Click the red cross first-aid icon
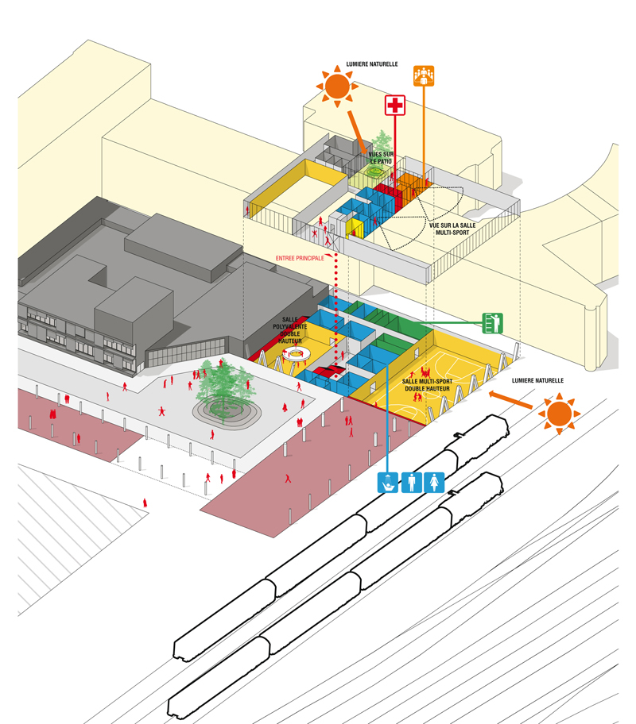pos(395,106)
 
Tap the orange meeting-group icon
pos(424,75)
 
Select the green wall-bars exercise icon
pos(493,323)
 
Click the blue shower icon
pos(387,483)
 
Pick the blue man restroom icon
pos(411,483)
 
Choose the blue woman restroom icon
pos(434,483)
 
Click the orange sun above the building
pos(337,86)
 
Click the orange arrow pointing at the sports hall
pos(509,398)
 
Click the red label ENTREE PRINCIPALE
pos(301,258)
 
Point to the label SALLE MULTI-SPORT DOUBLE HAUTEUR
pos(430,385)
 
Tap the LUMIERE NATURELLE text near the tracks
pos(537,380)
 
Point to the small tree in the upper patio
pos(384,145)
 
